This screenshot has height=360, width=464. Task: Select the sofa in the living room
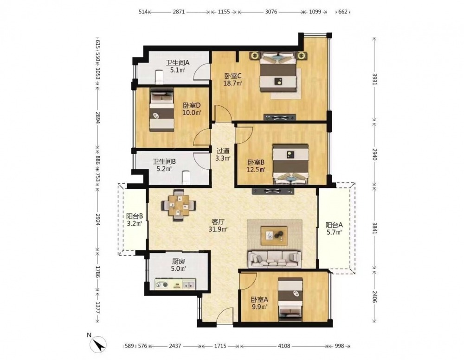click(275, 259)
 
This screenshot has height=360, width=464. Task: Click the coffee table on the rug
click(274, 236)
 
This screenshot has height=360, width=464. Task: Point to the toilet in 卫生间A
click(159, 77)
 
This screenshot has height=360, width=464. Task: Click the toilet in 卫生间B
click(186, 177)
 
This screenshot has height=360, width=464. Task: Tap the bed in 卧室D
click(161, 110)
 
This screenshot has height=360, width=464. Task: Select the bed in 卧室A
click(290, 299)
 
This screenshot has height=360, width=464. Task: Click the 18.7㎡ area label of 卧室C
click(233, 83)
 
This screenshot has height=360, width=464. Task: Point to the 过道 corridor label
click(223, 151)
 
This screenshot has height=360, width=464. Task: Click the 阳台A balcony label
click(334, 225)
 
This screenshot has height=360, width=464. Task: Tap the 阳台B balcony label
click(135, 216)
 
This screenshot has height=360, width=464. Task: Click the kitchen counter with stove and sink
click(175, 284)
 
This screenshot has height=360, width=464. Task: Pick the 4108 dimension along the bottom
click(284, 346)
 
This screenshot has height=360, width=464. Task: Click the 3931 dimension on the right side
click(374, 79)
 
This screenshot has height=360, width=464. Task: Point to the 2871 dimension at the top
click(179, 12)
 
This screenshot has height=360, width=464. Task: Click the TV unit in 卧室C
click(280, 117)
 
